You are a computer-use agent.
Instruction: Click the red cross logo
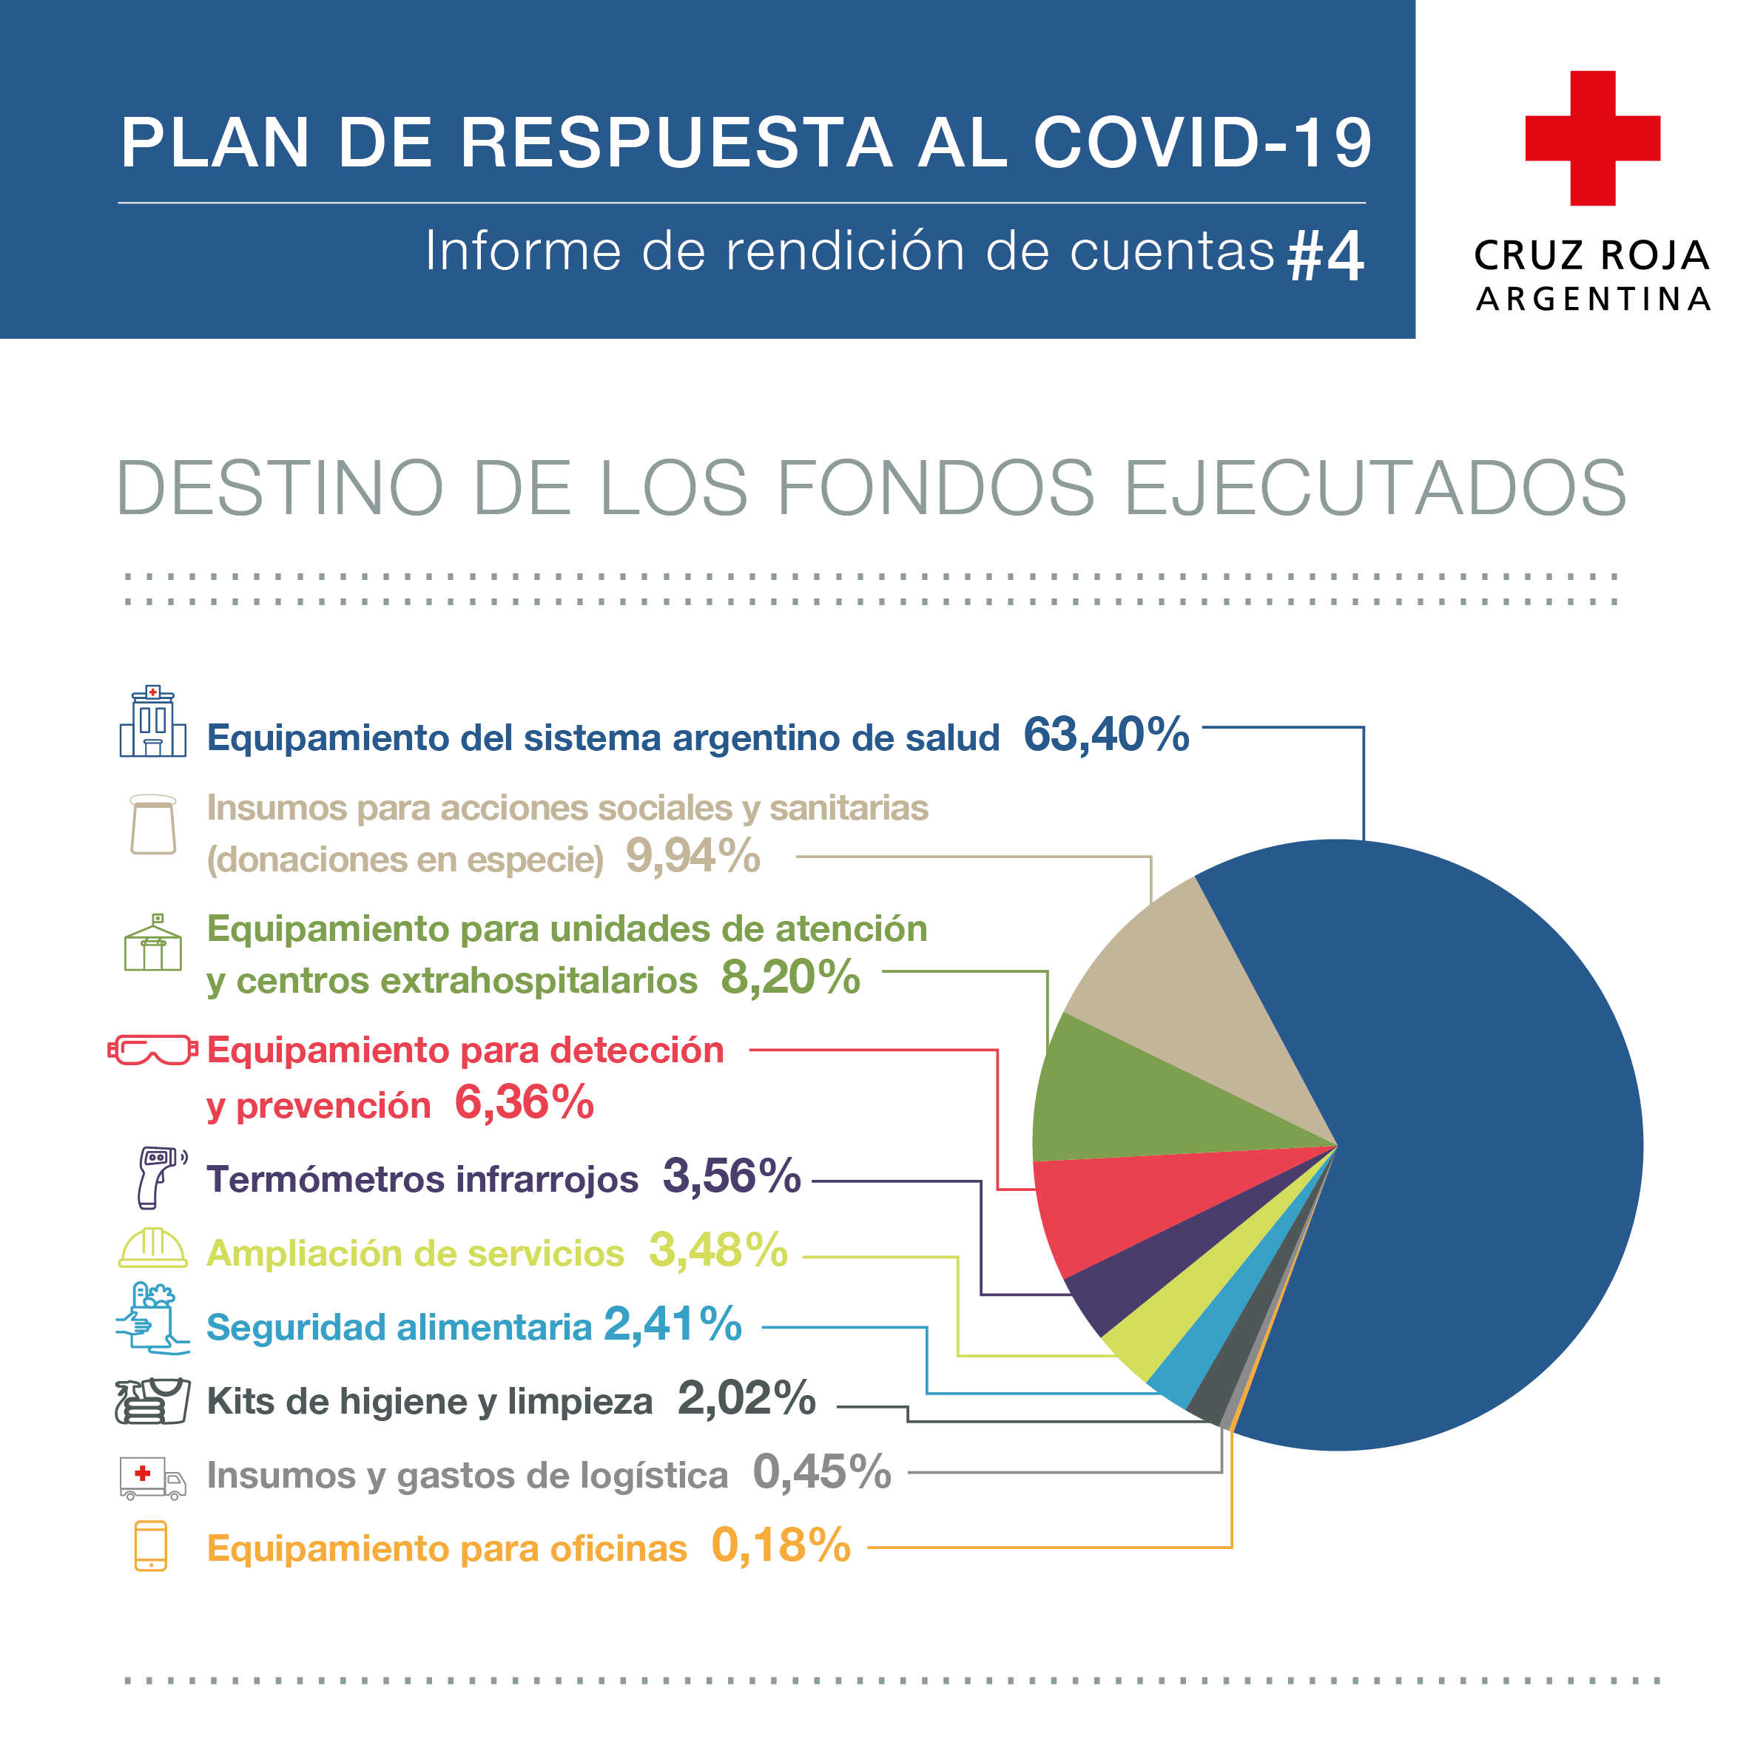coord(1591,138)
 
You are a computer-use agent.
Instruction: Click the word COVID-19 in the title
coord(1202,143)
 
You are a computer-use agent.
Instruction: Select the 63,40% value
coord(1105,734)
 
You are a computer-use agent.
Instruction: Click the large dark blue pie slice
coord(1466,1132)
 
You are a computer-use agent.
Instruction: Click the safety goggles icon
coord(152,1050)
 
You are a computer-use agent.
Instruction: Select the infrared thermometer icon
coord(159,1177)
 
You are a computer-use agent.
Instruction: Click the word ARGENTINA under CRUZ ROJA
coord(1594,300)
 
